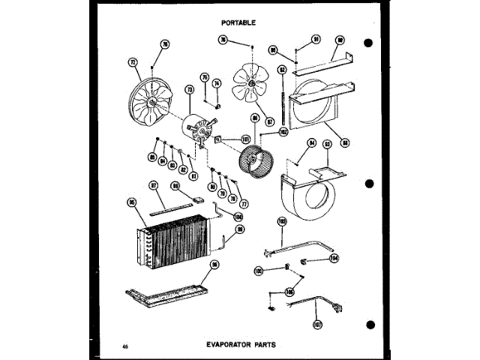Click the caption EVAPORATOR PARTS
point(240,345)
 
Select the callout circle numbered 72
point(134,64)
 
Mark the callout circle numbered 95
point(131,201)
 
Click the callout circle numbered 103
point(283,221)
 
